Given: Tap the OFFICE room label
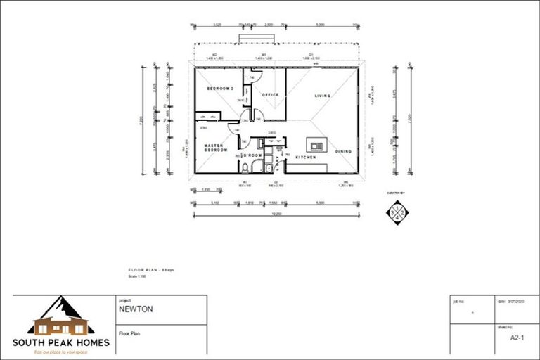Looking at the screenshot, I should point(270,94).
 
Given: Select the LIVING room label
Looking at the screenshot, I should point(322,96).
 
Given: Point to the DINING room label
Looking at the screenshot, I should point(343,151).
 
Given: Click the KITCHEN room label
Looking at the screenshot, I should point(305,157).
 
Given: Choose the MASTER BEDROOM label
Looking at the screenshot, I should point(214,148).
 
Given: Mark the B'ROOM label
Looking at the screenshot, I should point(253,155).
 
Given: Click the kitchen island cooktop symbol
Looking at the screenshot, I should point(317,146).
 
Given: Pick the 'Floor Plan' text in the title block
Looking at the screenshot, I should point(128,334).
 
